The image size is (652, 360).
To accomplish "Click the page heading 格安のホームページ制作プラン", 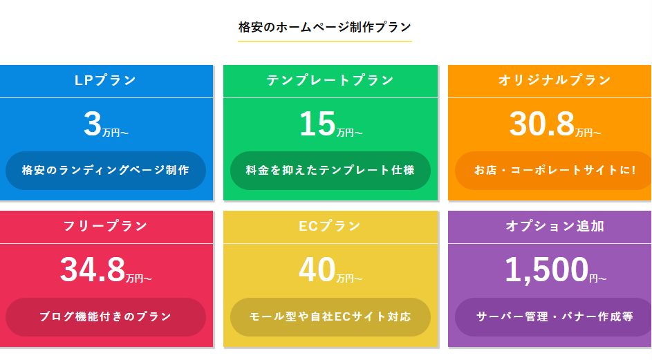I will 325,28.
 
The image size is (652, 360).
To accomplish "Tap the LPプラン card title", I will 106,80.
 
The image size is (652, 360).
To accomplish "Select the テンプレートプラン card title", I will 330,80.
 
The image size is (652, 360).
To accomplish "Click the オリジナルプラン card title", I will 555,80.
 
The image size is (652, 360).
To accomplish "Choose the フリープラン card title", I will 106,226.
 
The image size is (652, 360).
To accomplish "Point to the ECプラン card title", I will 330,226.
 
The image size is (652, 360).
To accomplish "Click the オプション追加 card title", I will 555,226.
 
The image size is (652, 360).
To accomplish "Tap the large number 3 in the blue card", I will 93,124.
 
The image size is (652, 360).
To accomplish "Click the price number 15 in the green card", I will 317,124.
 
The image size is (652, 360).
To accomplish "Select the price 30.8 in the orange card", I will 542,124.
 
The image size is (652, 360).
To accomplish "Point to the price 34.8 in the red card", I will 93,270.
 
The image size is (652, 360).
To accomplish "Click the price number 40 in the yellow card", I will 317,270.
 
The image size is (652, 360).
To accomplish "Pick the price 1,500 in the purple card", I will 546,270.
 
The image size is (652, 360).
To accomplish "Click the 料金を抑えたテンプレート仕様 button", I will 330,171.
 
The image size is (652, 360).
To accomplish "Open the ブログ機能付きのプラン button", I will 106,317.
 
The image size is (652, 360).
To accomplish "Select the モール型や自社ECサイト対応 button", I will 330,317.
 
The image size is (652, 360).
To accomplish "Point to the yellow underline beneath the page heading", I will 325,41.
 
